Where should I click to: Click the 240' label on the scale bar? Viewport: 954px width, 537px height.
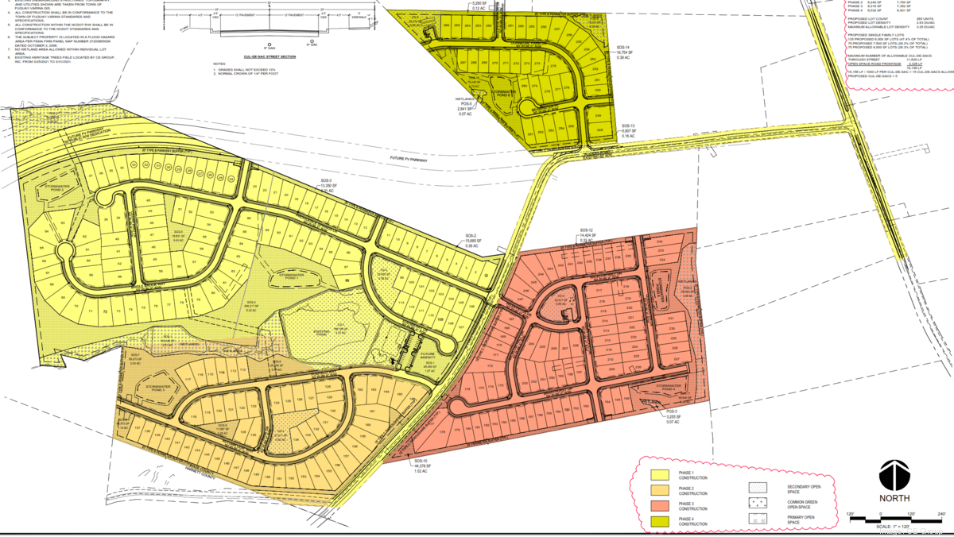tap(940, 514)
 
